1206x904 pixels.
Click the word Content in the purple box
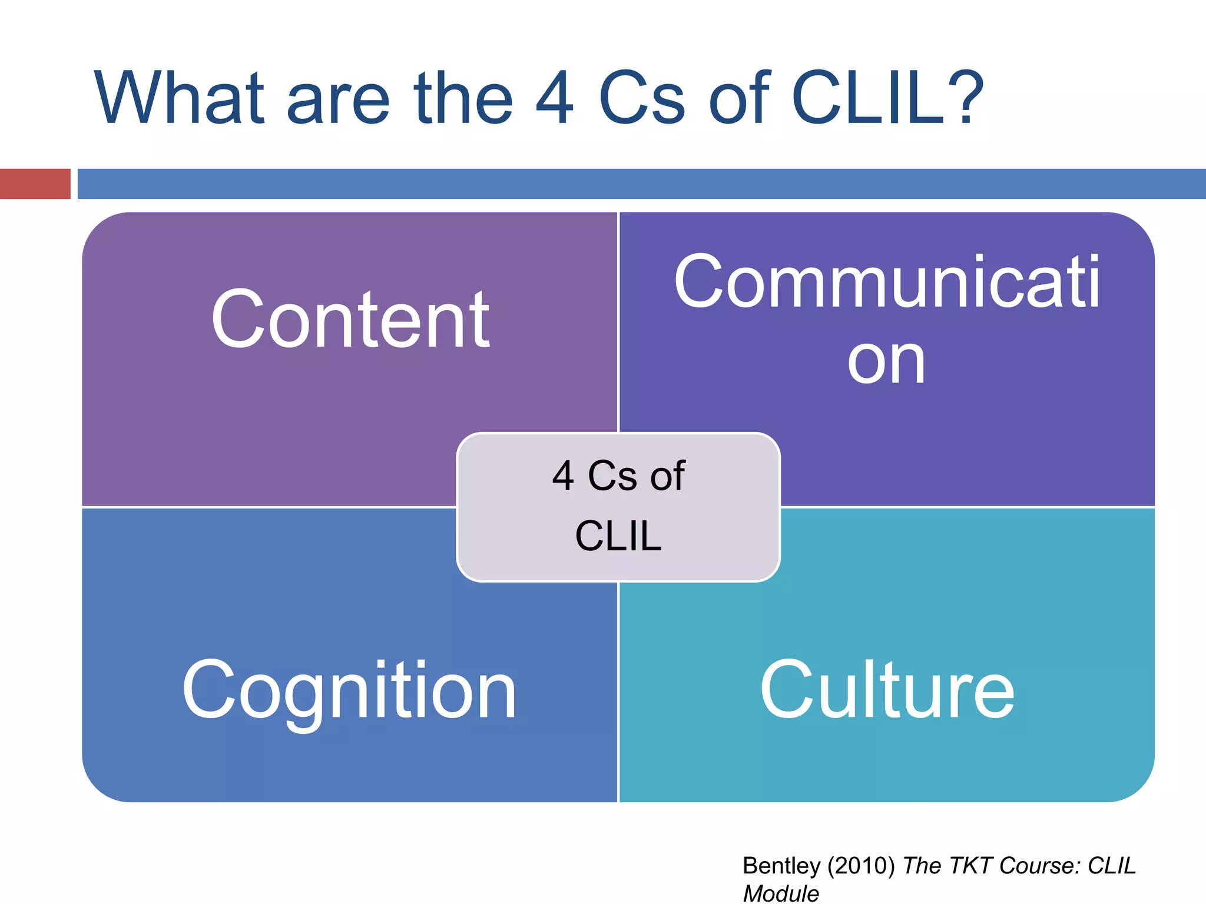(x=350, y=321)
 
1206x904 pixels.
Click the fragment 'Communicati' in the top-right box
(x=887, y=282)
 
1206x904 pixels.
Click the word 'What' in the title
(x=179, y=98)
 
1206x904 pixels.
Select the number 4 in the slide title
(x=554, y=98)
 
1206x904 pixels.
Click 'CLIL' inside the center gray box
(x=618, y=536)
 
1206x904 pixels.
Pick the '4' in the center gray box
(x=563, y=476)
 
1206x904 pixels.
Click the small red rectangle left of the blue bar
(x=35, y=184)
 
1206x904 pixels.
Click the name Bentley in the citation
(x=781, y=866)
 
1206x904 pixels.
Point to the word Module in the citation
(x=781, y=893)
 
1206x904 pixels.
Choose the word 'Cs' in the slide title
(x=642, y=98)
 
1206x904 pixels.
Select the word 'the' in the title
(x=463, y=98)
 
